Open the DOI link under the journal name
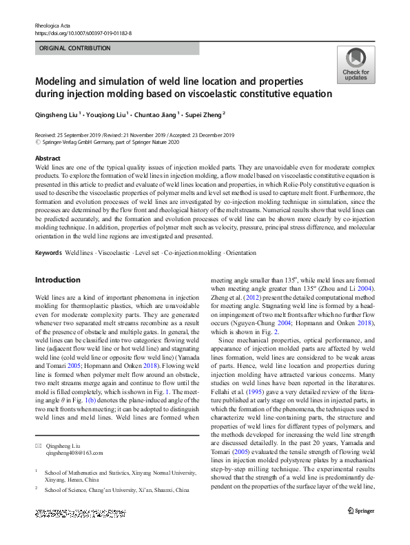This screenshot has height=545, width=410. (x=83, y=32)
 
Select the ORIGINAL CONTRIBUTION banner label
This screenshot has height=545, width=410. (x=74, y=48)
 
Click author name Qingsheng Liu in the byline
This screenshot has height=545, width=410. (x=57, y=115)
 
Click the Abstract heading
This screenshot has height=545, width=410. (x=48, y=158)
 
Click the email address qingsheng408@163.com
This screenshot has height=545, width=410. (x=74, y=453)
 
